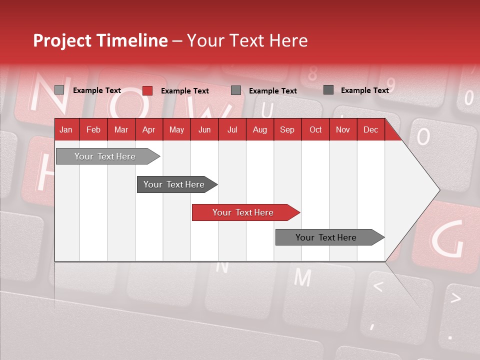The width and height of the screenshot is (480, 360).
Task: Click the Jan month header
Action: [x=66, y=130]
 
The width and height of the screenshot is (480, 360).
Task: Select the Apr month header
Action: [x=148, y=130]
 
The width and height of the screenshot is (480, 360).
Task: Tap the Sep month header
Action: [x=287, y=130]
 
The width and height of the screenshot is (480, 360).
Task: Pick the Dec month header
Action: [x=370, y=130]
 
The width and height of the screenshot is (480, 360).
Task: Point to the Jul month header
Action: [x=232, y=130]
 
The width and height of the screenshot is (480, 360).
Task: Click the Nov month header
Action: [x=342, y=130]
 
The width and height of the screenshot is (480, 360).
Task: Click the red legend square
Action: [x=147, y=90]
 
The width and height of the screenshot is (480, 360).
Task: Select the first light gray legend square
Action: [x=59, y=90]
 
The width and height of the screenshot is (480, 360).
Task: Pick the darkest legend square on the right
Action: [x=328, y=90]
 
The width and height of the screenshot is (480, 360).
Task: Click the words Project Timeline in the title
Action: [x=100, y=40]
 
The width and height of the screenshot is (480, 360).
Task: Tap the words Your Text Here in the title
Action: [x=247, y=40]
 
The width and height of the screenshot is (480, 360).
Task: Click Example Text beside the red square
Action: [x=184, y=91]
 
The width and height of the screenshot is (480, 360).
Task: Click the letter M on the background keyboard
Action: [x=302, y=277]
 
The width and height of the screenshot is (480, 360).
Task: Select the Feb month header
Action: [x=93, y=130]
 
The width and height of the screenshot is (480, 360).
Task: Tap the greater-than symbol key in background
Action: [x=455, y=298]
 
